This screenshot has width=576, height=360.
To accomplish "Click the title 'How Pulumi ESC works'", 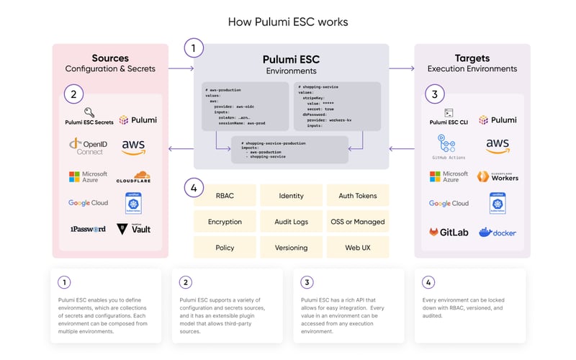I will (288, 22).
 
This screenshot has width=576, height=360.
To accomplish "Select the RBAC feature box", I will (225, 196).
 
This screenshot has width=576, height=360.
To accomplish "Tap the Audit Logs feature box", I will (291, 222).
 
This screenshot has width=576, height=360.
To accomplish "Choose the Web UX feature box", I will (358, 248).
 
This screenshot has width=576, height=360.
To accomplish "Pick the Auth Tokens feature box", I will (358, 196).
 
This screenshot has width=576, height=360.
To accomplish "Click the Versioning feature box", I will (291, 248).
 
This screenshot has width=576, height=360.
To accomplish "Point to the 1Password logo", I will (87, 229).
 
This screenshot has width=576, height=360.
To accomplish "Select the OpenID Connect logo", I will (88, 147).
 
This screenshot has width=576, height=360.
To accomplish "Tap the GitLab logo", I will (449, 233).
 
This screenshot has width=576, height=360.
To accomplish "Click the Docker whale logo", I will (498, 232).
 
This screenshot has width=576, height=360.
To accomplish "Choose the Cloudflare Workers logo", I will (498, 176).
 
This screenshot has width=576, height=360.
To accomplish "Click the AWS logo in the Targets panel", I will (498, 146).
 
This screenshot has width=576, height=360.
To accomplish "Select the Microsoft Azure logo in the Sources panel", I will (88, 176).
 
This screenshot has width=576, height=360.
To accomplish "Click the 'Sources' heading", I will (109, 58).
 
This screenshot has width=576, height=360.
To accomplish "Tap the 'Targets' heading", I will (472, 58).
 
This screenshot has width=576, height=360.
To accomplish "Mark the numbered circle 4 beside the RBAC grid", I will (194, 188).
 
